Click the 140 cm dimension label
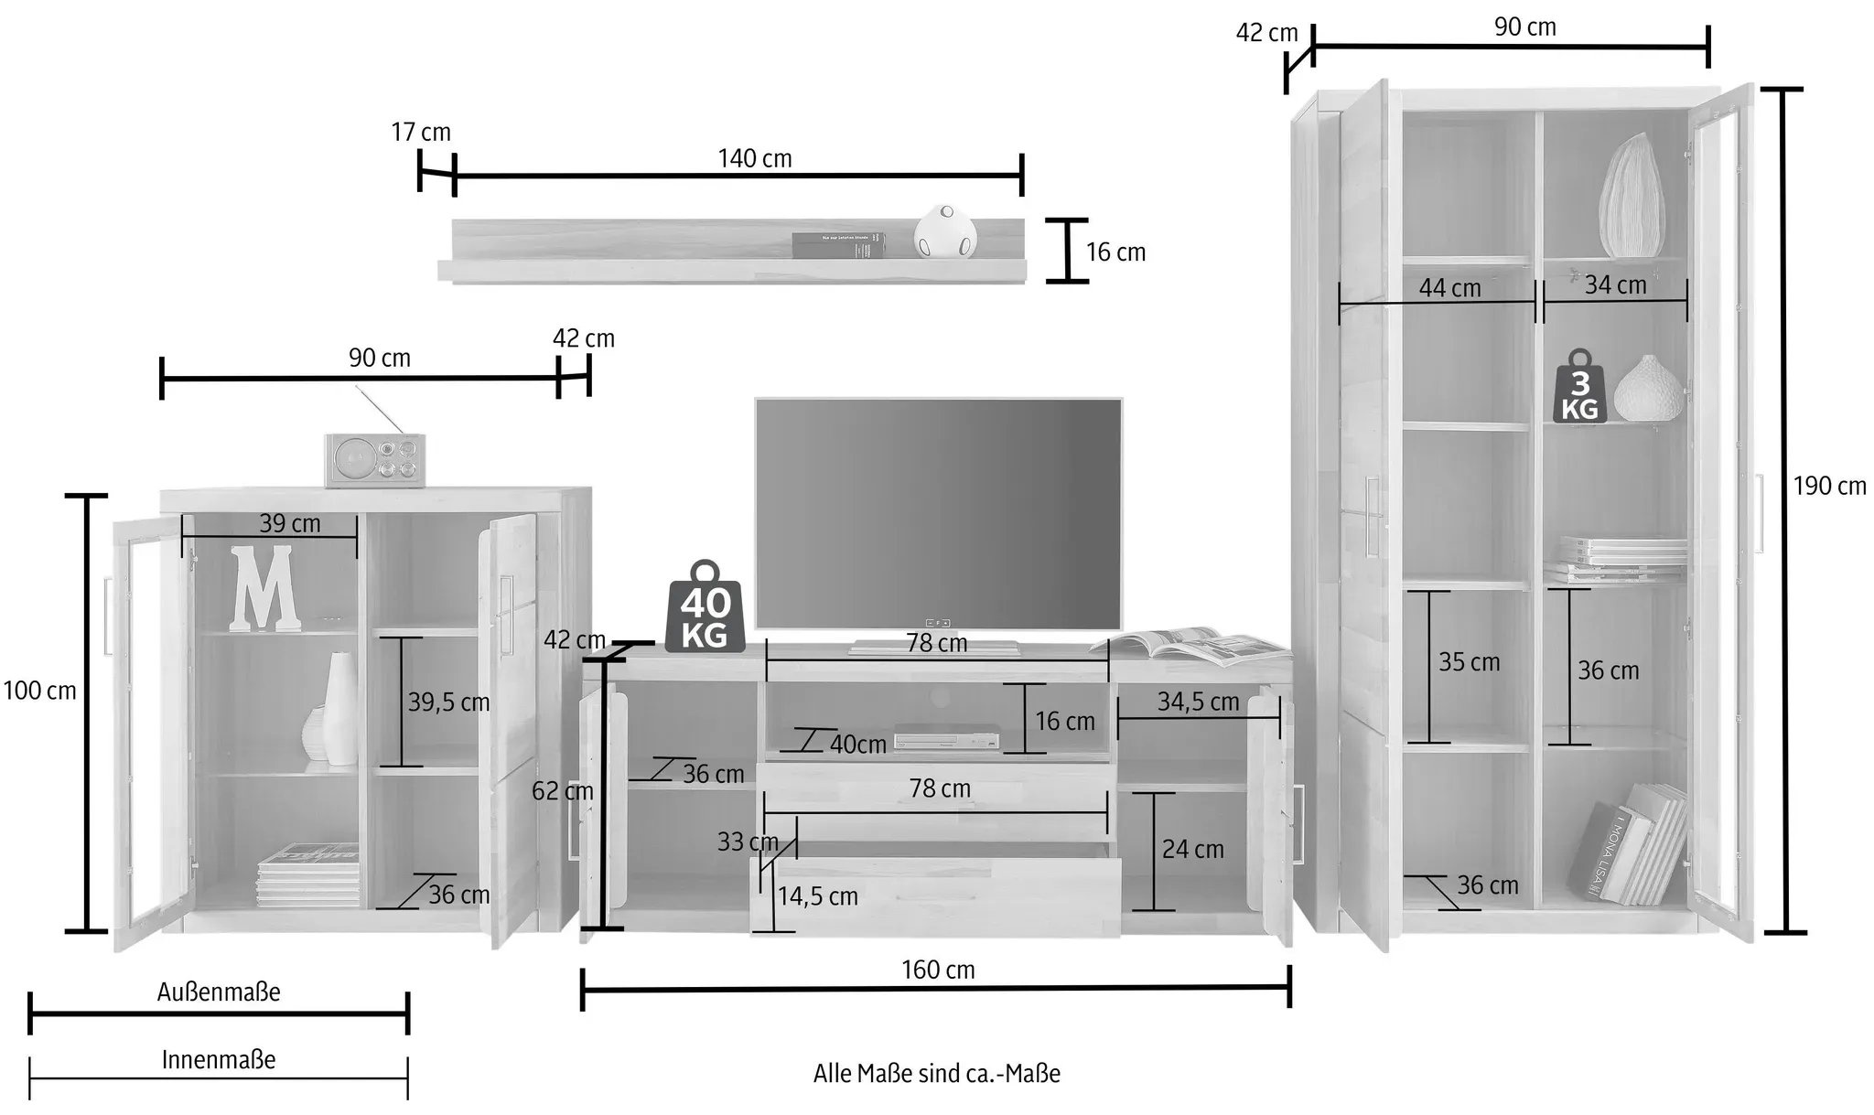(755, 158)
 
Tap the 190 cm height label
(1829, 486)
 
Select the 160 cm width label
(938, 970)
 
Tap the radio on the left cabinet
(376, 460)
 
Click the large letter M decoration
(264, 588)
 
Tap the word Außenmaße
(219, 992)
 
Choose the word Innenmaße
(219, 1059)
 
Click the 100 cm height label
(39, 691)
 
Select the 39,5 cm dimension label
(448, 702)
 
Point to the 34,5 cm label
(1198, 702)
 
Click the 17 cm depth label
(421, 132)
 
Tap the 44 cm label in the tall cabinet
(1449, 288)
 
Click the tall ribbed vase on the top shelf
(1632, 195)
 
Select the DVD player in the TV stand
(946, 738)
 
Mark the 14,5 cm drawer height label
(818, 896)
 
